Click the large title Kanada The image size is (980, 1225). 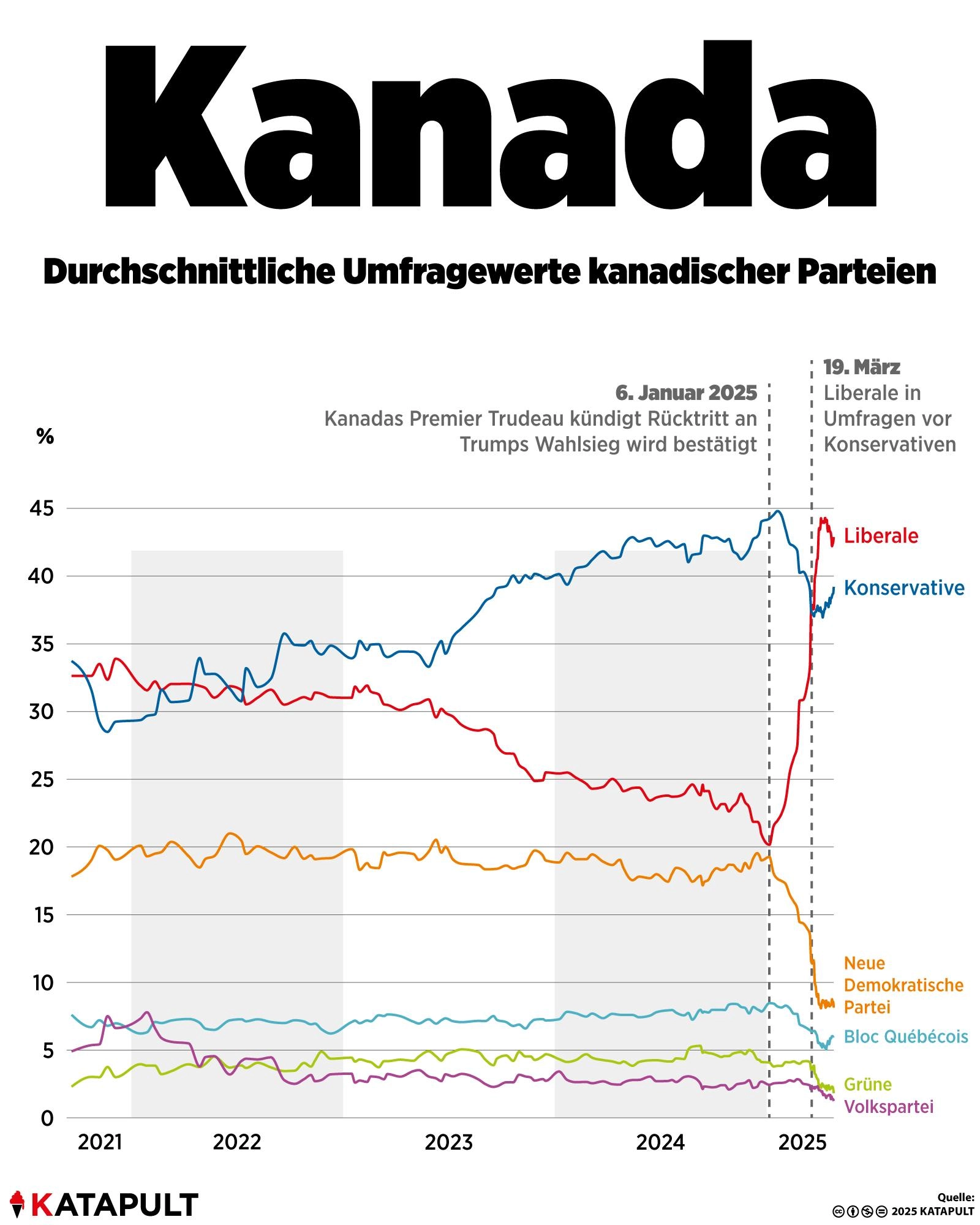[x=490, y=126]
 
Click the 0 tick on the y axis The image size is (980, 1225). [x=47, y=1118]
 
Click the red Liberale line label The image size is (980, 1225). [x=881, y=536]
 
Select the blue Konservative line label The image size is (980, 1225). [x=904, y=588]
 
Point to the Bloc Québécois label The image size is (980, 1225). [x=906, y=1036]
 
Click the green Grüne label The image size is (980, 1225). [x=868, y=1084]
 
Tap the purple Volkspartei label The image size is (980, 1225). [x=889, y=1107]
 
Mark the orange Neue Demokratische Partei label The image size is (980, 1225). [x=903, y=985]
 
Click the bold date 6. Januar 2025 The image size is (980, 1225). [x=686, y=393]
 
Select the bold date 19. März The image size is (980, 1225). [x=862, y=367]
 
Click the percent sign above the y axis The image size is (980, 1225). [x=45, y=437]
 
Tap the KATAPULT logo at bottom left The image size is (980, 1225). [x=104, y=1204]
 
